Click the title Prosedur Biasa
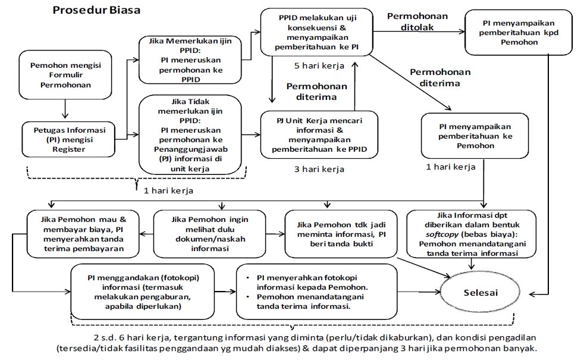(x=97, y=11)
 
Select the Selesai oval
(x=482, y=293)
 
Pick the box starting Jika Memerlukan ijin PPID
(x=190, y=60)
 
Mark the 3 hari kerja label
(x=319, y=170)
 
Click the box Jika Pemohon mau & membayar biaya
(x=83, y=233)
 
